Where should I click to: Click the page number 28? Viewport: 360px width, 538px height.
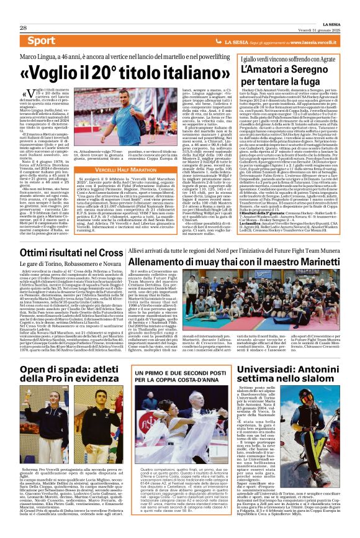[x=23, y=11]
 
